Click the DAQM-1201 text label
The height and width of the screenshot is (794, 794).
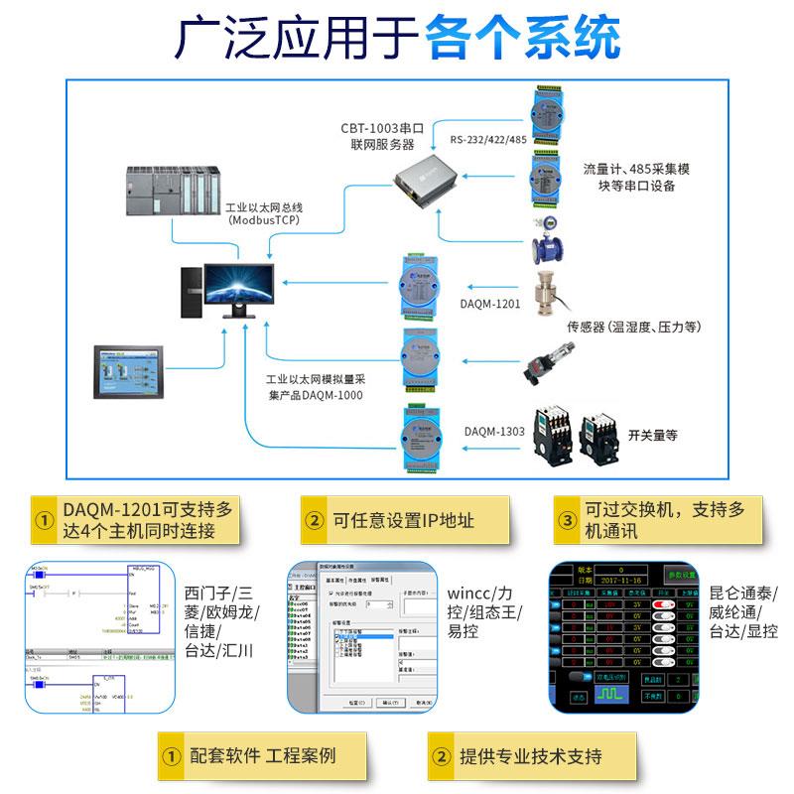pos(490,304)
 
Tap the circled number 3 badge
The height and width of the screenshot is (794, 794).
pos(567,520)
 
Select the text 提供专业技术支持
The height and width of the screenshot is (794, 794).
pos(529,756)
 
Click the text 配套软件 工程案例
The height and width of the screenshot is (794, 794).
pos(262,756)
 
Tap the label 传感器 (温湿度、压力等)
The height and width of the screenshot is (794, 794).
pos(633,326)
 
